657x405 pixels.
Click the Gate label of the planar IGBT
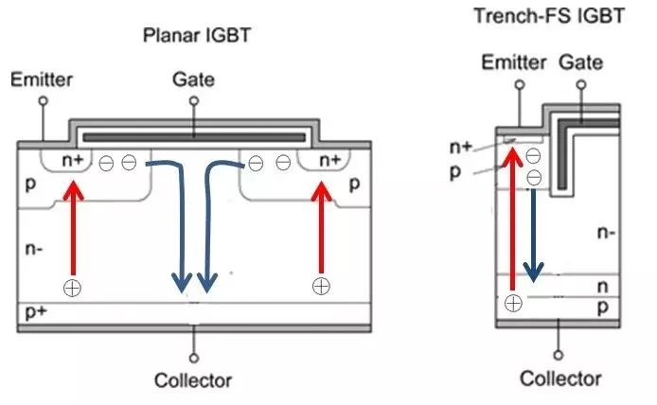click(194, 80)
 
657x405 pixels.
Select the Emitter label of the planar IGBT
click(40, 80)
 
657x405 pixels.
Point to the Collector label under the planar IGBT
click(193, 380)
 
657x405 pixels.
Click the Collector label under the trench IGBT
click(560, 379)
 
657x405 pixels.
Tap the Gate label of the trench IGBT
click(582, 62)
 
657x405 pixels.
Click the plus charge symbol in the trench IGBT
click(512, 303)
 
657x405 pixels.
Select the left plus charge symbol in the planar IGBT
click(71, 286)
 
